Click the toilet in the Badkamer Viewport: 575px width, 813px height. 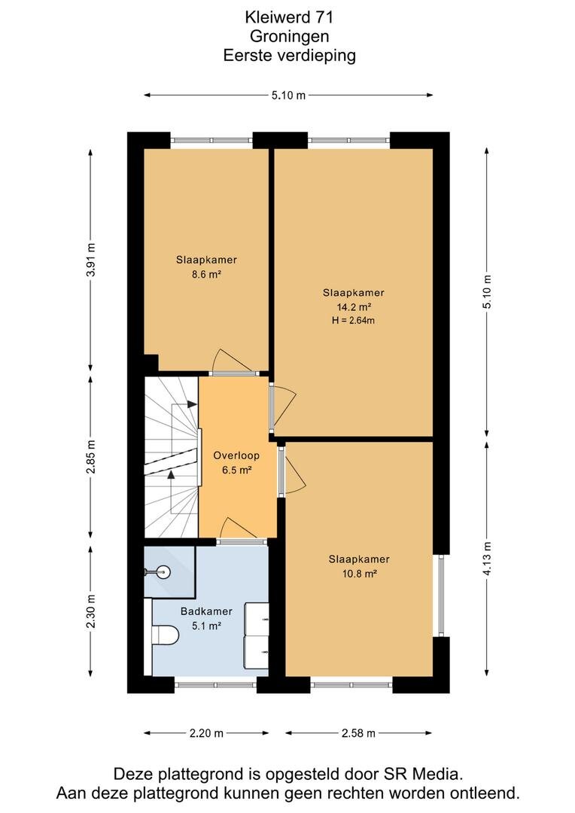point(165,634)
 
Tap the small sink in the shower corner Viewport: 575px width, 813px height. point(159,572)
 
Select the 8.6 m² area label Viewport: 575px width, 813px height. point(206,275)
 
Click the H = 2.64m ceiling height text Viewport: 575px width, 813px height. point(353,321)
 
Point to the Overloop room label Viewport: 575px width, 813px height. point(236,455)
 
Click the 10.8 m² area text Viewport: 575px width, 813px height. point(359,574)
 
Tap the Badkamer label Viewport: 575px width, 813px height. point(206,611)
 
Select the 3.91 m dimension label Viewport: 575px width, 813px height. point(91,260)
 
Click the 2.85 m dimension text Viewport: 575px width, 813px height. point(91,457)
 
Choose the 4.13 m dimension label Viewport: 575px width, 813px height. point(486,559)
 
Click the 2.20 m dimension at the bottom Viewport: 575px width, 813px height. point(206,733)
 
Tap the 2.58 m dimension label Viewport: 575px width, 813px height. point(358,733)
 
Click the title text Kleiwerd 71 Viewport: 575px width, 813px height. point(289,17)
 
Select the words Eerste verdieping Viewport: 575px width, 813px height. point(289,55)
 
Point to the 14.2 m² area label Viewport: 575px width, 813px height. point(354,307)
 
